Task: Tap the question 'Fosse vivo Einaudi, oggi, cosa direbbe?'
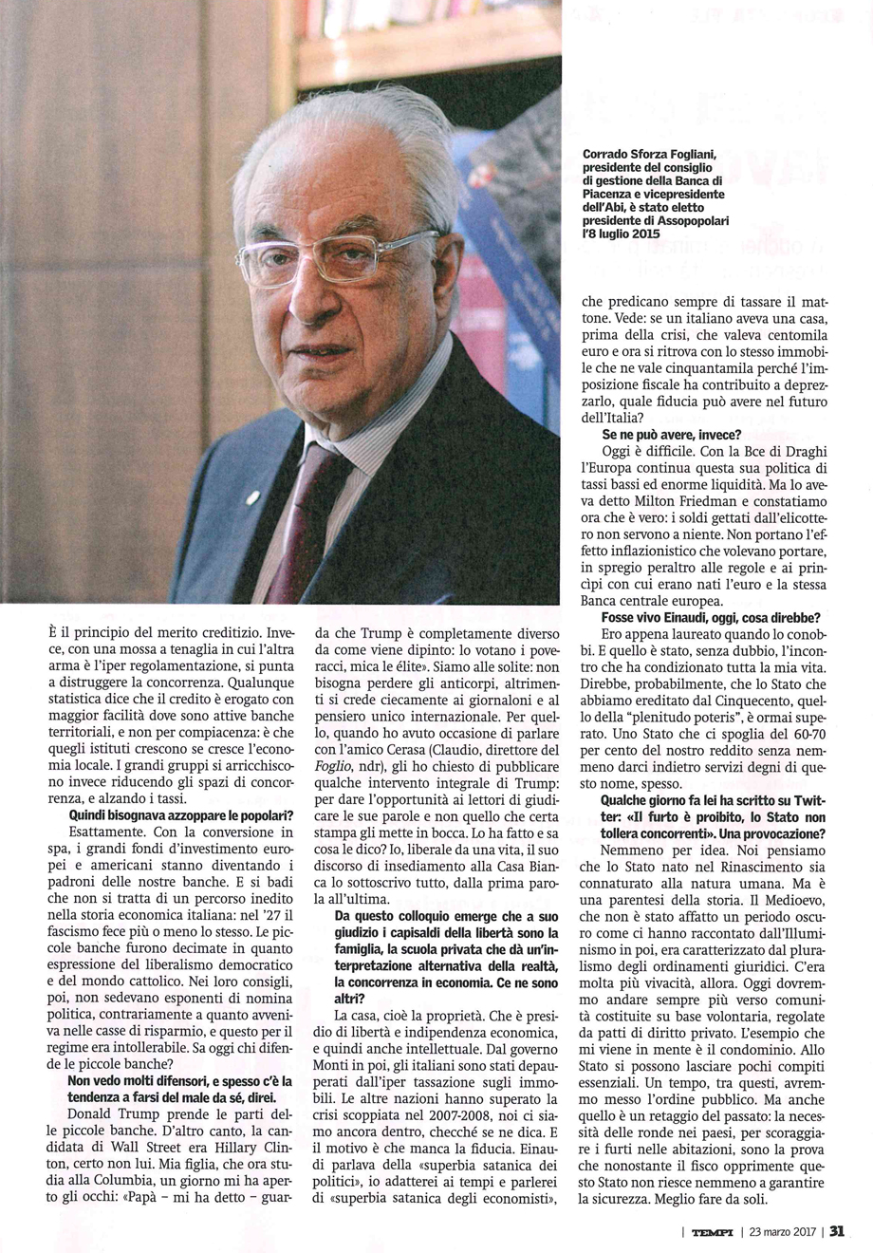pos(706,617)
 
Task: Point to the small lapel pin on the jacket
pos(251,496)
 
